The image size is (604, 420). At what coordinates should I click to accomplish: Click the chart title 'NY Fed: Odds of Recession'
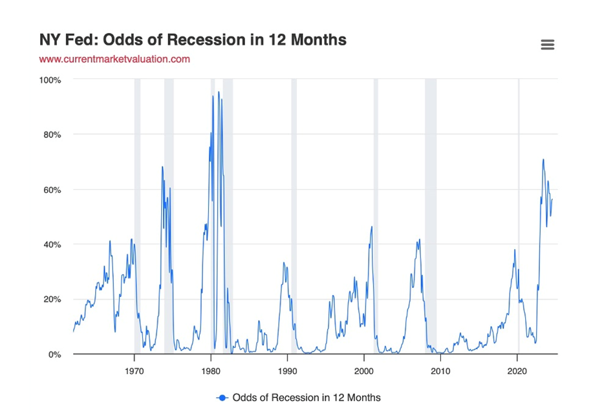click(x=193, y=40)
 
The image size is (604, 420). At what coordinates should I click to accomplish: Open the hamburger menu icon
click(x=547, y=45)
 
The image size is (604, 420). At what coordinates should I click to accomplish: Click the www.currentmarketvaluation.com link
click(x=114, y=59)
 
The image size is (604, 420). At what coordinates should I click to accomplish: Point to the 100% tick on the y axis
click(x=50, y=80)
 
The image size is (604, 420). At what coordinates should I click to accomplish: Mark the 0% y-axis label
click(x=54, y=355)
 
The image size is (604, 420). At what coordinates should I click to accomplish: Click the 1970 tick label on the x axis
click(x=134, y=371)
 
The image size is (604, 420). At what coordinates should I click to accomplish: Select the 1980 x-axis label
click(x=211, y=371)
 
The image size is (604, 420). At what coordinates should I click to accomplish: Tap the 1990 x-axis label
click(x=287, y=371)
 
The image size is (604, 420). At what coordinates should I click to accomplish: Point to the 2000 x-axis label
click(x=364, y=371)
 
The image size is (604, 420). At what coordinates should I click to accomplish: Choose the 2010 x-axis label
click(x=440, y=371)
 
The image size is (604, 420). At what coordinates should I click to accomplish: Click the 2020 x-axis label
click(x=517, y=371)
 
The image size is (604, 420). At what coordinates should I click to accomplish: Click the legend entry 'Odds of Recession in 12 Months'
click(x=306, y=397)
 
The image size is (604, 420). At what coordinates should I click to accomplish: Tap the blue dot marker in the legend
click(x=222, y=397)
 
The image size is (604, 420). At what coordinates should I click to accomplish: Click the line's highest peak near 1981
click(x=219, y=93)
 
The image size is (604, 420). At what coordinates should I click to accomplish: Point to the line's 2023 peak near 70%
click(x=543, y=160)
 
